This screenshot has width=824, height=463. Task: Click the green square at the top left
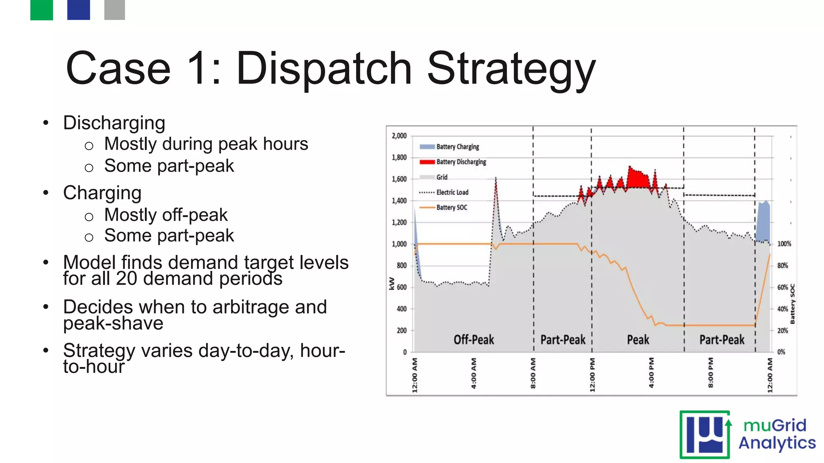(41, 10)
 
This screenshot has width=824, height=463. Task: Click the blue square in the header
(78, 10)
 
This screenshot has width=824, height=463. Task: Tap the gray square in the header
(114, 10)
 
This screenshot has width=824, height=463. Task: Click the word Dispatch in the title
(323, 68)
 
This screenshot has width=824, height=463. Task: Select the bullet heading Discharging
(114, 123)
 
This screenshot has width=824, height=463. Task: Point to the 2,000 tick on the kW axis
(399, 136)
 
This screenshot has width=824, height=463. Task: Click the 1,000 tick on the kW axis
(399, 244)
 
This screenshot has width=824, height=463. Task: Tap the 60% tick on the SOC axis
(782, 287)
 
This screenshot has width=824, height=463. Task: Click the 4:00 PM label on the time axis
(651, 373)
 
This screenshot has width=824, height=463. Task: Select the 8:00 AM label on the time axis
(533, 373)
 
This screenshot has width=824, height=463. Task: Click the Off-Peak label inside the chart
(474, 340)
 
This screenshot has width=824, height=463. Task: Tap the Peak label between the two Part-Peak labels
(638, 340)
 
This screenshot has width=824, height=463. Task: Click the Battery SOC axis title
(792, 304)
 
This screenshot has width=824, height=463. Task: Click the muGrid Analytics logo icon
(705, 435)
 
